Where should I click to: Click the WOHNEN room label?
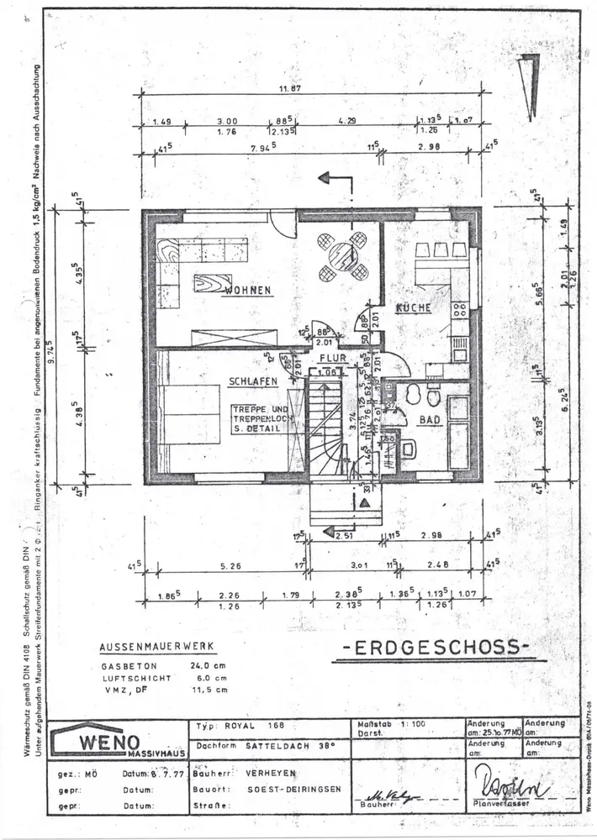point(246,291)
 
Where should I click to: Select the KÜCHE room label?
point(413,307)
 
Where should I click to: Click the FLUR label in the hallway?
point(326,357)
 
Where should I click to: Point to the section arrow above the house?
point(335,181)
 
